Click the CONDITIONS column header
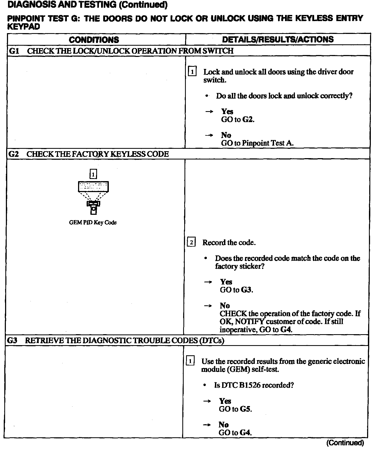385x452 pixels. [x=94, y=40]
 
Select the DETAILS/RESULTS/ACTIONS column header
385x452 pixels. [x=278, y=40]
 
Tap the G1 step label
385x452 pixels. [x=14, y=51]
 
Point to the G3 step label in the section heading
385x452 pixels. [x=12, y=340]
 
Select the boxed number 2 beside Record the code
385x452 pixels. [x=191, y=243]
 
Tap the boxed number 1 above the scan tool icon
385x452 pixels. [x=93, y=174]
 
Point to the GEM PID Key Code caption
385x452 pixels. [x=93, y=223]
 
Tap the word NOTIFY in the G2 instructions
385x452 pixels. [x=249, y=322]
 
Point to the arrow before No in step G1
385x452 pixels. [x=209, y=135]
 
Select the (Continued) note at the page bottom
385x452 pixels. [x=345, y=443]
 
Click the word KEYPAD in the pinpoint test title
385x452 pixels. [x=24, y=27]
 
